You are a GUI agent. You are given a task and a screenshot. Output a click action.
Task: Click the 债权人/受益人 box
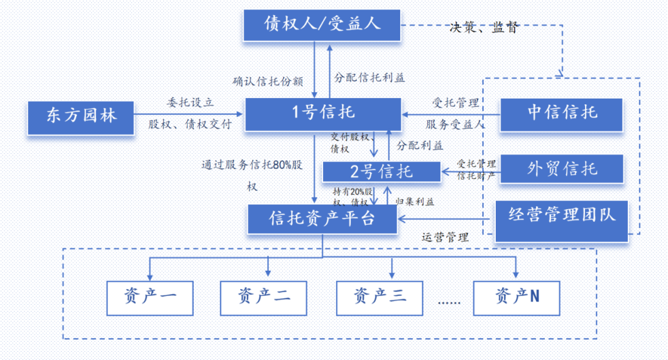[x=322, y=25]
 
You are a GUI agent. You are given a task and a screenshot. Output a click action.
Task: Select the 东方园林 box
[x=82, y=116]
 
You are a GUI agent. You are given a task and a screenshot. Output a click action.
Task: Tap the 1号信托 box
[x=323, y=114]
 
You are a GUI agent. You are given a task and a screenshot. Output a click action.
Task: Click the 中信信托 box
[x=561, y=114]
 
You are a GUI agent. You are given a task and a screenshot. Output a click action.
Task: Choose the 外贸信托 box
[x=561, y=168]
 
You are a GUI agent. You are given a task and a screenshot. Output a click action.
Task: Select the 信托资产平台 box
[x=322, y=219]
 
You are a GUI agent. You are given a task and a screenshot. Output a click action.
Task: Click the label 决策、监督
[x=483, y=28]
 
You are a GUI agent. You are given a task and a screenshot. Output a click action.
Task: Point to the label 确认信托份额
[x=268, y=81]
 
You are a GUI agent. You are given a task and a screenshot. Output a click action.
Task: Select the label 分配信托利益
[x=370, y=78]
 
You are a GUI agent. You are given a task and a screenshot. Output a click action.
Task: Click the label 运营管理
[x=445, y=237]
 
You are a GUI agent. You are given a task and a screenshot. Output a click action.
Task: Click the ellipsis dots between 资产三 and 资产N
[x=449, y=302]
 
